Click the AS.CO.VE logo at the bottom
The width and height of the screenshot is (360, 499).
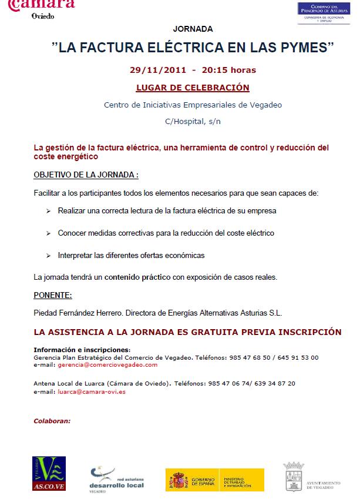tap(49, 473)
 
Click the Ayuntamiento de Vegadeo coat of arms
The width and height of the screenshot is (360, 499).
tap(294, 475)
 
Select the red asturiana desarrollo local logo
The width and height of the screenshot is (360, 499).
tap(116, 478)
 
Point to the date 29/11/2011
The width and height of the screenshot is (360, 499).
tap(158, 70)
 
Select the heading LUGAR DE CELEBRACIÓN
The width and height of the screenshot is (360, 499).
tap(193, 88)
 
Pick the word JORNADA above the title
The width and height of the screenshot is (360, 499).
tap(193, 28)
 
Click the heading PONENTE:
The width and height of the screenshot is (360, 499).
tap(52, 295)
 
